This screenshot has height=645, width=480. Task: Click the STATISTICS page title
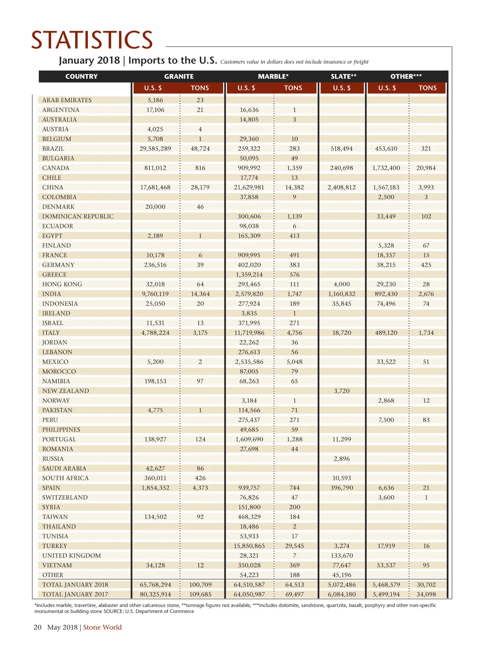click(x=92, y=40)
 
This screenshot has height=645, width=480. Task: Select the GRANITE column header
click(x=179, y=77)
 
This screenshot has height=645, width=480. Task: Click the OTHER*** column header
click(x=406, y=77)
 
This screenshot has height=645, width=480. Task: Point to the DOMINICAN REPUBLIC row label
click(x=78, y=216)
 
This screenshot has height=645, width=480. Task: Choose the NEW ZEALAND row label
click(x=66, y=391)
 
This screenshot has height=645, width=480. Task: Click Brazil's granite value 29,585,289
click(x=155, y=149)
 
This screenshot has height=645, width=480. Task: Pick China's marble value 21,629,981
click(x=249, y=187)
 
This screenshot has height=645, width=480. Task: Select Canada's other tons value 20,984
click(x=426, y=168)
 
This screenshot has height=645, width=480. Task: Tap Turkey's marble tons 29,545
click(x=294, y=546)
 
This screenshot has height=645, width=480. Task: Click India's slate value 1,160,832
click(x=342, y=294)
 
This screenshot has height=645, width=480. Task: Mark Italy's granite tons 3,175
click(x=200, y=333)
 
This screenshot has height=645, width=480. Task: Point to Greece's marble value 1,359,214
click(x=249, y=275)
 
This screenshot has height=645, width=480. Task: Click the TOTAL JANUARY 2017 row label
click(x=75, y=595)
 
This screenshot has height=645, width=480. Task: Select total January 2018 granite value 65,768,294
click(x=155, y=585)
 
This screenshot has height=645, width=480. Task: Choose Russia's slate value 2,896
click(x=342, y=459)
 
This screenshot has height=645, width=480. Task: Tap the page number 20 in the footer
click(x=38, y=627)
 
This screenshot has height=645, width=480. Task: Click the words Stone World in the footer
click(x=102, y=627)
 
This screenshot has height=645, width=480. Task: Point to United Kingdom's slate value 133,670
click(x=342, y=556)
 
